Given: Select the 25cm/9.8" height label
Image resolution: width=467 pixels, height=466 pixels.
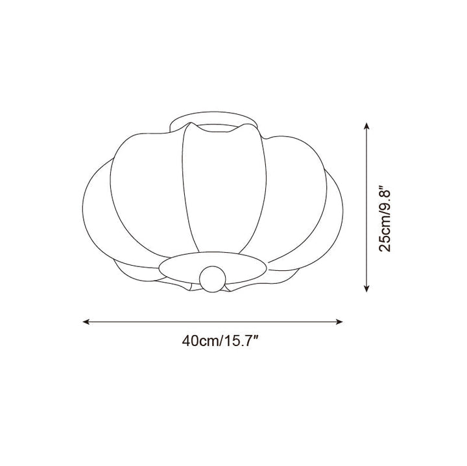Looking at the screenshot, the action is pyautogui.click(x=384, y=219).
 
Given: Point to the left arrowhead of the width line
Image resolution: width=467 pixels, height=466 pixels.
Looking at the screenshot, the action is pyautogui.click(x=86, y=321).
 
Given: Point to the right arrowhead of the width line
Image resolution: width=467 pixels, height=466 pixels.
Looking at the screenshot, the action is pyautogui.click(x=339, y=321).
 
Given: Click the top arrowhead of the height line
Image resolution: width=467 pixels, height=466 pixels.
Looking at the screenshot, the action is pyautogui.click(x=366, y=126).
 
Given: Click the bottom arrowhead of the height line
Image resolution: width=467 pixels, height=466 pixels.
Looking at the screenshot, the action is pyautogui.click(x=366, y=288).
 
